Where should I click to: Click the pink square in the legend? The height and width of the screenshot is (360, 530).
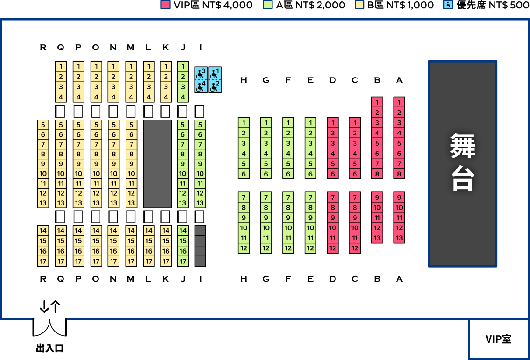166,5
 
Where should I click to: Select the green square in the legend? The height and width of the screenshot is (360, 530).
268,5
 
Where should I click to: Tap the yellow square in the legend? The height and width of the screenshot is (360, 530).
360,5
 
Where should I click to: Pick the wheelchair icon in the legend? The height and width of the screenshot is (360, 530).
448,5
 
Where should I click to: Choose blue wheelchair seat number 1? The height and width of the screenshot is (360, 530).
215,74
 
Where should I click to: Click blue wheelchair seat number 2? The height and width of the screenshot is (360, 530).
215,86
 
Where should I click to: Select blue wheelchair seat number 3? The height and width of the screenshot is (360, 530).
201,74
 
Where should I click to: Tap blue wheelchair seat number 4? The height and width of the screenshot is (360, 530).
201,86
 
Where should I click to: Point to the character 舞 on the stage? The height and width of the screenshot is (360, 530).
462,146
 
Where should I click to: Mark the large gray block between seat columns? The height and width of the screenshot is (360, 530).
157,164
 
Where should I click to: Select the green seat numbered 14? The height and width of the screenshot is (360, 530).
183,231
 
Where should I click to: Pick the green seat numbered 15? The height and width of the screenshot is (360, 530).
183,241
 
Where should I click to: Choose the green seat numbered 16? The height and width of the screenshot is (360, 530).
183,251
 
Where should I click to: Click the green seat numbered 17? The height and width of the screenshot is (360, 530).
183,261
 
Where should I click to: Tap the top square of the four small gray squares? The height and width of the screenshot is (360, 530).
200,231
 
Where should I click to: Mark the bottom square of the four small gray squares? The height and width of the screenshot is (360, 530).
200,261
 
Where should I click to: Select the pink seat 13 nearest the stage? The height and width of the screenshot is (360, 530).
399,238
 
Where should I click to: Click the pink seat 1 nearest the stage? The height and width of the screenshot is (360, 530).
399,102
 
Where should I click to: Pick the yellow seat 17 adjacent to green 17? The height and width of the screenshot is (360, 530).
166,261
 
